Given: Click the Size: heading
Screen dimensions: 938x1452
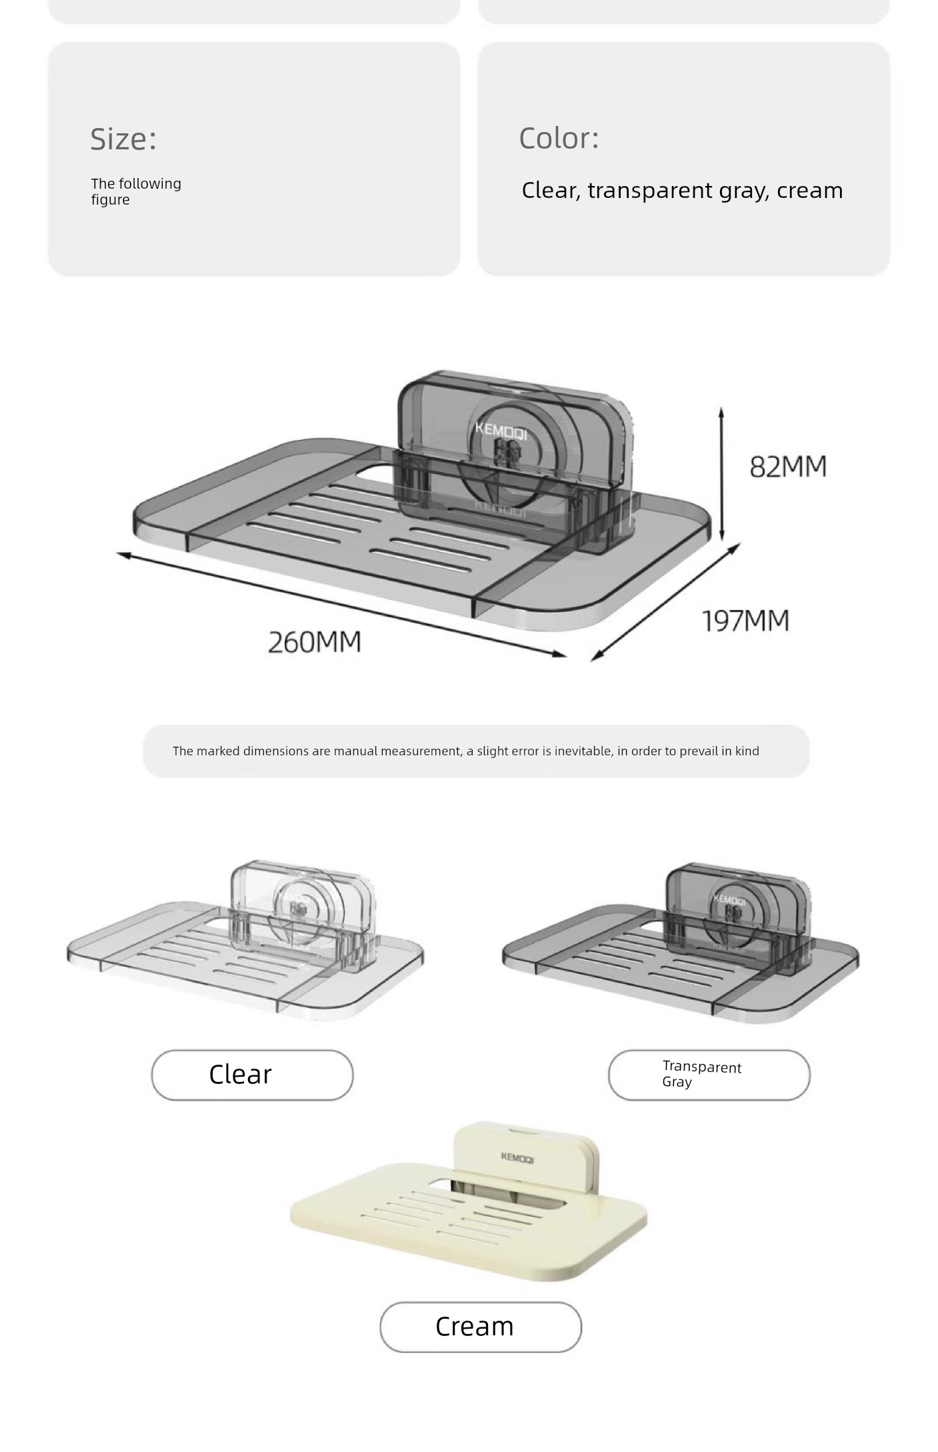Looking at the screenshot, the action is [x=123, y=139].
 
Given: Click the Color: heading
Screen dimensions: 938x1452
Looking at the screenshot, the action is [x=559, y=138].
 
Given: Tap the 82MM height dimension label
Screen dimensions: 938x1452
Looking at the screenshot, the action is [x=788, y=467].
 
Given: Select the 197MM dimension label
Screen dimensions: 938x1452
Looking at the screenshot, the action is [x=746, y=621].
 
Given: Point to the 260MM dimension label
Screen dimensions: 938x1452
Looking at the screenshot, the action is [x=315, y=642].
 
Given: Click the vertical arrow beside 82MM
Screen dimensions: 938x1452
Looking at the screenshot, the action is [x=721, y=474].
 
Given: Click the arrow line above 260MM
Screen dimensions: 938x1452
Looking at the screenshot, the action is [x=342, y=605].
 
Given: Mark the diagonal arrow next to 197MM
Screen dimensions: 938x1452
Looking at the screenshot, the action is [x=665, y=602].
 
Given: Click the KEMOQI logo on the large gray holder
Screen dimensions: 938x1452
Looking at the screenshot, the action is [x=501, y=430].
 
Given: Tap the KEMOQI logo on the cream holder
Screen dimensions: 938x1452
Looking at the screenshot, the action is [x=517, y=1158].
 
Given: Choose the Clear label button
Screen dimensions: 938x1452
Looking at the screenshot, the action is [x=252, y=1075].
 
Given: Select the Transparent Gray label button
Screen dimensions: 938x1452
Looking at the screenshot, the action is [x=709, y=1075].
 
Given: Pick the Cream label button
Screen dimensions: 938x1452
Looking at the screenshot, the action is [x=481, y=1327].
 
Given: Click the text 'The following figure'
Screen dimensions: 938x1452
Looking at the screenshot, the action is [x=136, y=191].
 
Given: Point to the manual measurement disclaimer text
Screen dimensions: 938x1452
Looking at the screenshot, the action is [x=466, y=751].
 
